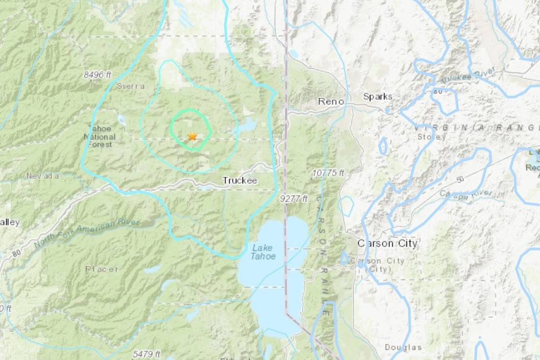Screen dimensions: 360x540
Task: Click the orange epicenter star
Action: pos(192,136)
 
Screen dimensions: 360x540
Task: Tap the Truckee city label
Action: pos(239,181)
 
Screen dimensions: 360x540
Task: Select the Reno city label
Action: pos(329,101)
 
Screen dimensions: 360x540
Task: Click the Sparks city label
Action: pos(377,97)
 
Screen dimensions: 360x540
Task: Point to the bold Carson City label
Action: pos(387,243)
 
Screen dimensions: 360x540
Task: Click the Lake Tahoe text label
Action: pos(263,252)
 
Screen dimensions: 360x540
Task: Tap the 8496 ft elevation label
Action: pos(98,75)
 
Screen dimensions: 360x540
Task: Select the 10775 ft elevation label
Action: pos(328,173)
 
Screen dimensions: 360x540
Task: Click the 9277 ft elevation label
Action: pos(293,199)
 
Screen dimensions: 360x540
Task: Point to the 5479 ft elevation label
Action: pos(147,353)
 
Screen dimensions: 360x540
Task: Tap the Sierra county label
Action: pos(131,86)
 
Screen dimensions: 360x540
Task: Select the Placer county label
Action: pos(102,269)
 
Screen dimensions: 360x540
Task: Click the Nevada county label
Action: pos(43,176)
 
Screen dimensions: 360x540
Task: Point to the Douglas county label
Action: pos(403,347)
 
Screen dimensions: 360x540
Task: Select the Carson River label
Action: pos(466,193)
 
